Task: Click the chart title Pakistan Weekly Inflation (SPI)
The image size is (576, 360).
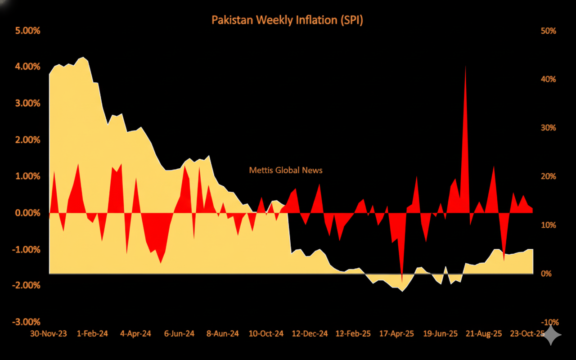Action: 287,20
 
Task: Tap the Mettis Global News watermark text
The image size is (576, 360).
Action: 286,170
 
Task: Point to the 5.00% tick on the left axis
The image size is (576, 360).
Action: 28,31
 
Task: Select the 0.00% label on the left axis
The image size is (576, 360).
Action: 28,213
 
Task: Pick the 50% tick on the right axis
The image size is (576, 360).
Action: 549,31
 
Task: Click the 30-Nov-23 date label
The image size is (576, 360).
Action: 49,334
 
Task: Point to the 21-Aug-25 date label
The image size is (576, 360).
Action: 484,334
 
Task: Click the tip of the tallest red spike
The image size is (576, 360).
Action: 465,66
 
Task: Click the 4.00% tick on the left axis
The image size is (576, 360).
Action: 28,67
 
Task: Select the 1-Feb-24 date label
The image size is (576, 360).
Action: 93,334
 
